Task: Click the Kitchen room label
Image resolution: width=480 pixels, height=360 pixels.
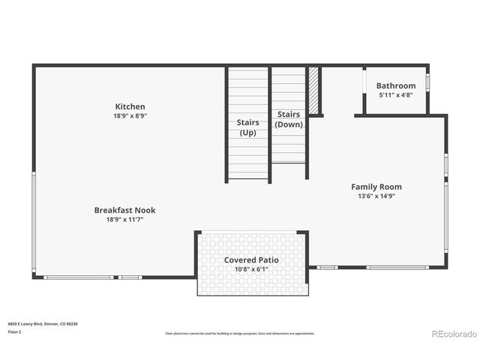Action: [x=130, y=106]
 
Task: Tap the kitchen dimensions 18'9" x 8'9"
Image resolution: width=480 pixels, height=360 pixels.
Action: [x=130, y=116]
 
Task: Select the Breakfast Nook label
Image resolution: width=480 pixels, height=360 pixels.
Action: [x=124, y=210]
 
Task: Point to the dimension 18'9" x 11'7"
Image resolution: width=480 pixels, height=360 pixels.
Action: [x=124, y=220]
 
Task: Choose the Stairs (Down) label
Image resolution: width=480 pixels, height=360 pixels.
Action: [x=289, y=119]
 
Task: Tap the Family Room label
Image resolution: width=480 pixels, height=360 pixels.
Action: [x=376, y=187]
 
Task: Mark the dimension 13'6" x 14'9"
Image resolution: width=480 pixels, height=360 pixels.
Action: [x=376, y=196]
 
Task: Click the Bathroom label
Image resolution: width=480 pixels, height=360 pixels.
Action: [x=395, y=85]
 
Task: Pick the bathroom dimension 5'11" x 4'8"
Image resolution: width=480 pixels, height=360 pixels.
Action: [x=395, y=95]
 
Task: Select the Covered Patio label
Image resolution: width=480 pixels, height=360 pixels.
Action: [x=251, y=259]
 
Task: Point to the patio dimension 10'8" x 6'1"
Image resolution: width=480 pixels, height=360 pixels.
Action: [x=251, y=268]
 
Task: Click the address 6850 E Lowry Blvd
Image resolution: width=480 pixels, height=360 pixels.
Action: [x=43, y=323]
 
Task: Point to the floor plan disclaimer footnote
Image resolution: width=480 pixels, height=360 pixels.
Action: [x=240, y=333]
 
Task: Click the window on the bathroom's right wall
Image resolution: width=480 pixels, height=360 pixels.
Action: [x=428, y=82]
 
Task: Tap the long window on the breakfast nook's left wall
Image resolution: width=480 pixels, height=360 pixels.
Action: [x=34, y=223]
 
